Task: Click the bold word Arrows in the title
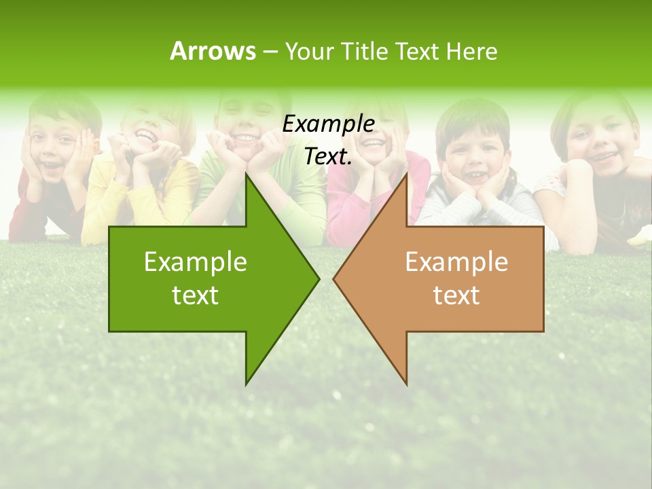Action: point(213,51)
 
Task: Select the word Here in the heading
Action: point(471,52)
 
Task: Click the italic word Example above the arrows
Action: point(328,124)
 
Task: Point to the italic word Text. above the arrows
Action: point(328,157)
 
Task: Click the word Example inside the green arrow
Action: point(196,262)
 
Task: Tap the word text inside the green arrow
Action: point(196,295)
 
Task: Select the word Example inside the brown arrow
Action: point(456,262)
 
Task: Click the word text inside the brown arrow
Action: point(456,295)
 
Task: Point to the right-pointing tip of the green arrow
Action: point(318,278)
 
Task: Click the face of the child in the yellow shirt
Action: point(151,132)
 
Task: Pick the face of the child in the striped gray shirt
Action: point(473,156)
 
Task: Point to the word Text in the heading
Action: point(417,52)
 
